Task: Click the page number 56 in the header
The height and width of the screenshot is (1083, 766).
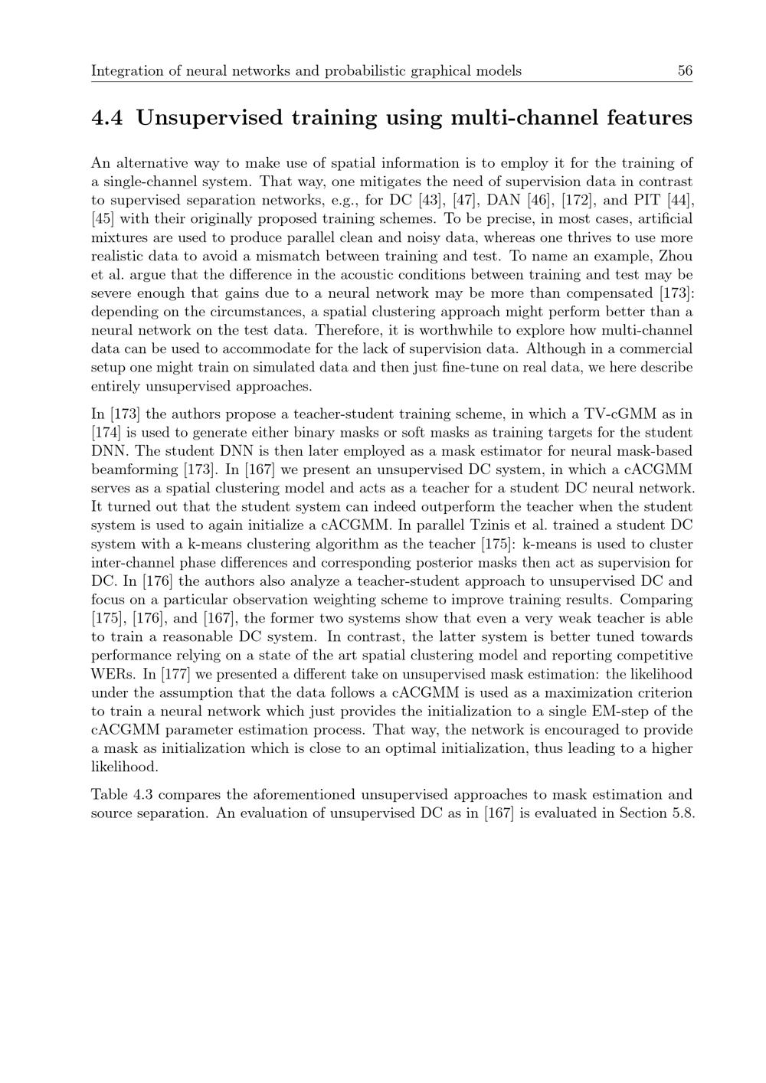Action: point(685,71)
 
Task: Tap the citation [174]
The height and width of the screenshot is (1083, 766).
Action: point(106,433)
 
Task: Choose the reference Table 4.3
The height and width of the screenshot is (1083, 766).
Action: point(122,794)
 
